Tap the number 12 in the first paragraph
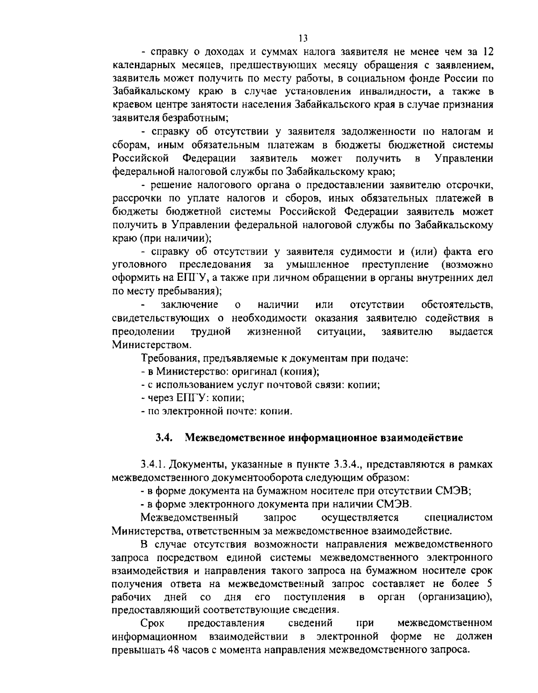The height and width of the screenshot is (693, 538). (488, 52)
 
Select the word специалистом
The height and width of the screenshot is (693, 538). (458, 518)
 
